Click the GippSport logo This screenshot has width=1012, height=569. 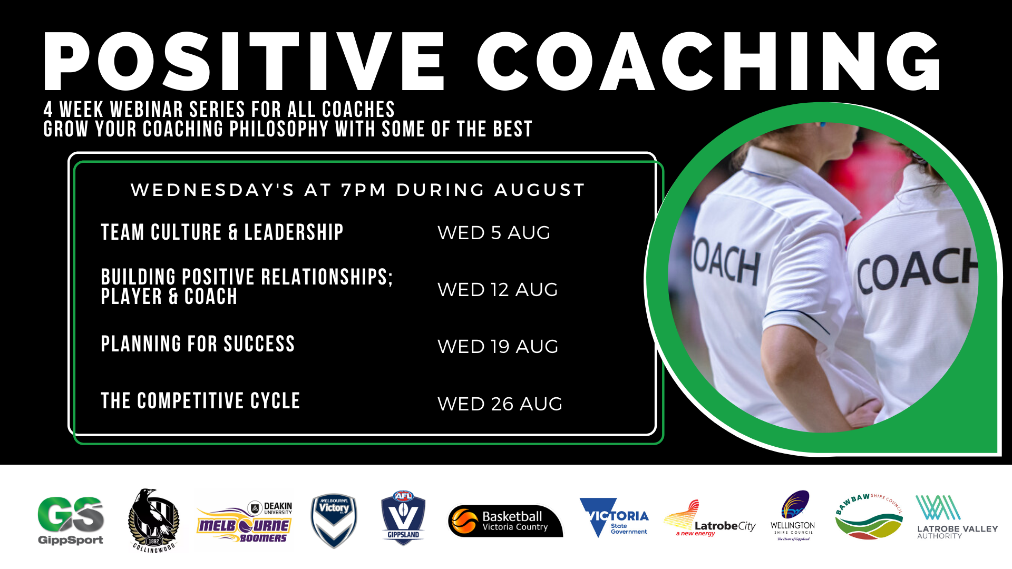tap(71, 520)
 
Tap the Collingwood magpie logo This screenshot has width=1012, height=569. tap(153, 521)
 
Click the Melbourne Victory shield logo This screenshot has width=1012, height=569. tap(334, 521)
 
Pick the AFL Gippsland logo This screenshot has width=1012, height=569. tap(403, 518)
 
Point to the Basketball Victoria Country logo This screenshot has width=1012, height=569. tap(505, 521)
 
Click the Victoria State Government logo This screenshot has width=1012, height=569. tap(614, 517)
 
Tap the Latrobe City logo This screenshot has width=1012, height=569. tap(709, 519)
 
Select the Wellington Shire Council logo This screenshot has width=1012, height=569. tap(793, 516)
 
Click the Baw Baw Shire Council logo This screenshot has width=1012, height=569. tap(869, 517)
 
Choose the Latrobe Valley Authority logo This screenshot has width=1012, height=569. tap(957, 517)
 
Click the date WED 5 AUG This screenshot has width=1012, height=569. tap(494, 233)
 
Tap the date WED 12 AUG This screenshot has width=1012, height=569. tap(498, 290)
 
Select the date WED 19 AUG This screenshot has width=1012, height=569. tap(498, 347)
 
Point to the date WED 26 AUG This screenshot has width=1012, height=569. tap(500, 404)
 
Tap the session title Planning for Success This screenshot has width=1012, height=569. tap(198, 344)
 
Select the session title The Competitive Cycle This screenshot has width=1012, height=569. tap(200, 401)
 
